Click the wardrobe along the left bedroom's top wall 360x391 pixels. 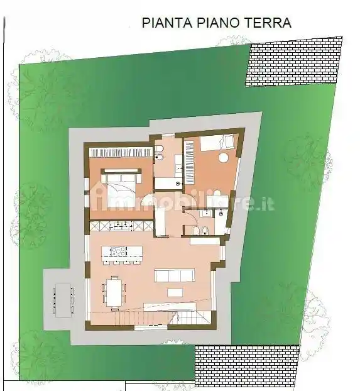121,151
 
